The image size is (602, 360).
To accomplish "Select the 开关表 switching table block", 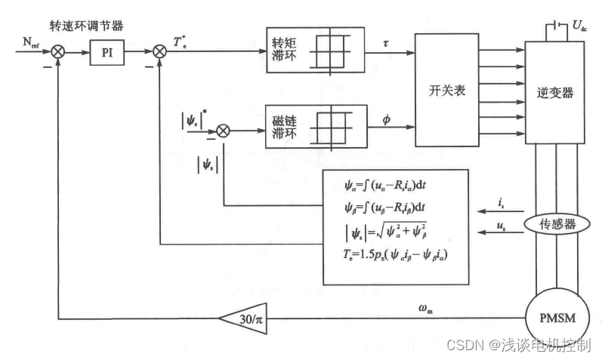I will (447, 90).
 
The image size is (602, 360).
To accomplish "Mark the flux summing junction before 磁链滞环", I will (222, 131).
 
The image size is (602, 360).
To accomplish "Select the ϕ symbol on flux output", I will (387, 118).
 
